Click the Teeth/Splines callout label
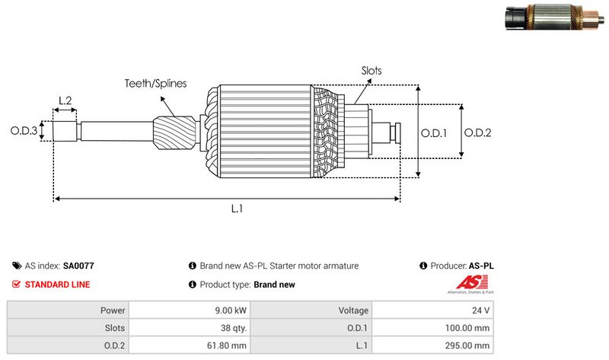(155, 84)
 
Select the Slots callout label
(371, 71)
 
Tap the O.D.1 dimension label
(435, 132)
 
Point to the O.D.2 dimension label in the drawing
(477, 132)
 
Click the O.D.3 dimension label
(24, 131)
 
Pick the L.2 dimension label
(65, 100)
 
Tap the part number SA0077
(78, 266)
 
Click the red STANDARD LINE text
(57, 285)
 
